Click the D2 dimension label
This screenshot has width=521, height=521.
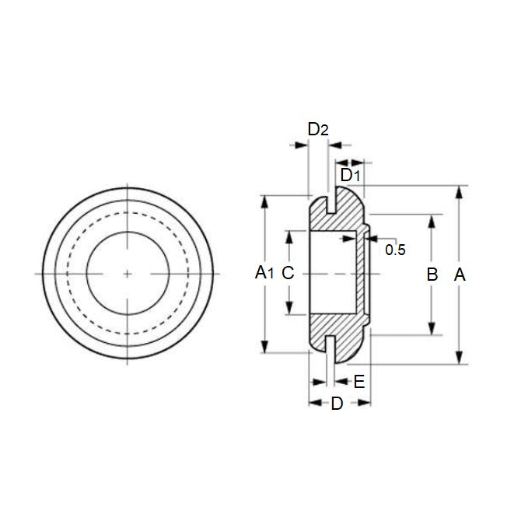tap(318, 130)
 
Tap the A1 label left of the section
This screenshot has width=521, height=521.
tap(265, 273)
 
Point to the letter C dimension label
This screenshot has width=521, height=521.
tap(288, 273)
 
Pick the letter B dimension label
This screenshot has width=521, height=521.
tap(433, 274)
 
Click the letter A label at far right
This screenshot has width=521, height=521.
tap(460, 274)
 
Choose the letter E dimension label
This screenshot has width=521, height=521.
tap(358, 381)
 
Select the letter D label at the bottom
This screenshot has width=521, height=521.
tap(337, 404)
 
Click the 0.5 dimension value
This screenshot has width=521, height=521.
tap(395, 250)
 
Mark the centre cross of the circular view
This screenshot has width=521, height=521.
tap(128, 274)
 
